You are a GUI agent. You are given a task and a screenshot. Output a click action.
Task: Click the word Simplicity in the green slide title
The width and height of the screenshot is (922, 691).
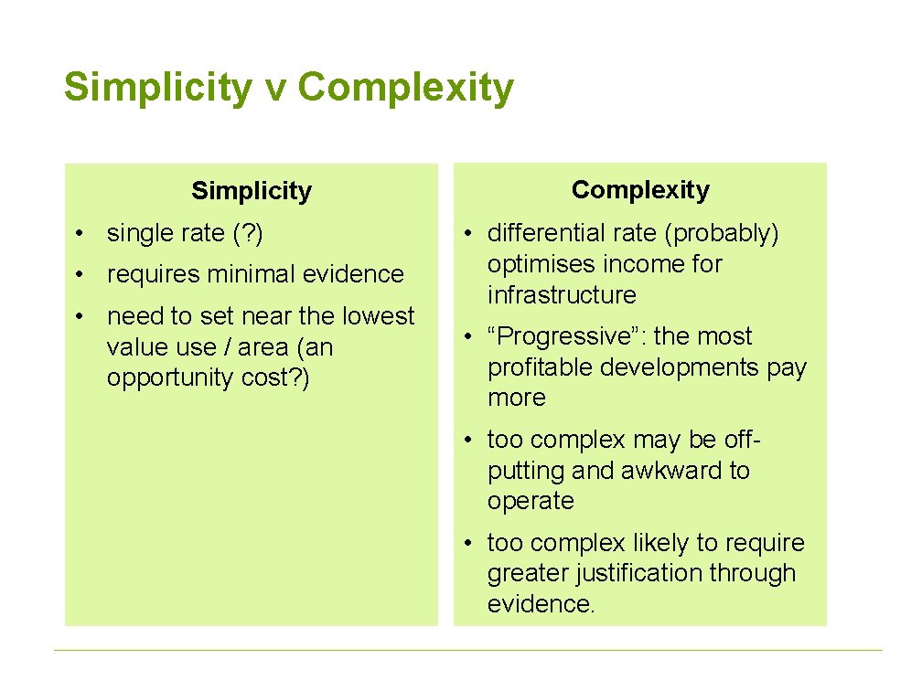(x=156, y=89)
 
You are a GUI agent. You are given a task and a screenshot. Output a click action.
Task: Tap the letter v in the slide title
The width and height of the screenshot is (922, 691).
(x=273, y=90)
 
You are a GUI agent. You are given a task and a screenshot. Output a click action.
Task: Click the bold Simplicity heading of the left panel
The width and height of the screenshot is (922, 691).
(x=252, y=191)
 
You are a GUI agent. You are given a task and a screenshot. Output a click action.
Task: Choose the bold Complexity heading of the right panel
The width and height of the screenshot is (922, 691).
(x=640, y=190)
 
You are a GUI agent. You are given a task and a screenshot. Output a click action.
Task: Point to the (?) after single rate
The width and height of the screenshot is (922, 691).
(x=248, y=234)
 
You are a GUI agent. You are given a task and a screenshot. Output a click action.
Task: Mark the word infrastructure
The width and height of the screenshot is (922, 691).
(x=562, y=295)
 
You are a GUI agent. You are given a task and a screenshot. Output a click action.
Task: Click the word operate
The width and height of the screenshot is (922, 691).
(x=531, y=501)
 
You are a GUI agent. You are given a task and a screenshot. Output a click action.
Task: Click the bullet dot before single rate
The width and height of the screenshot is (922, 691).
(x=82, y=235)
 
